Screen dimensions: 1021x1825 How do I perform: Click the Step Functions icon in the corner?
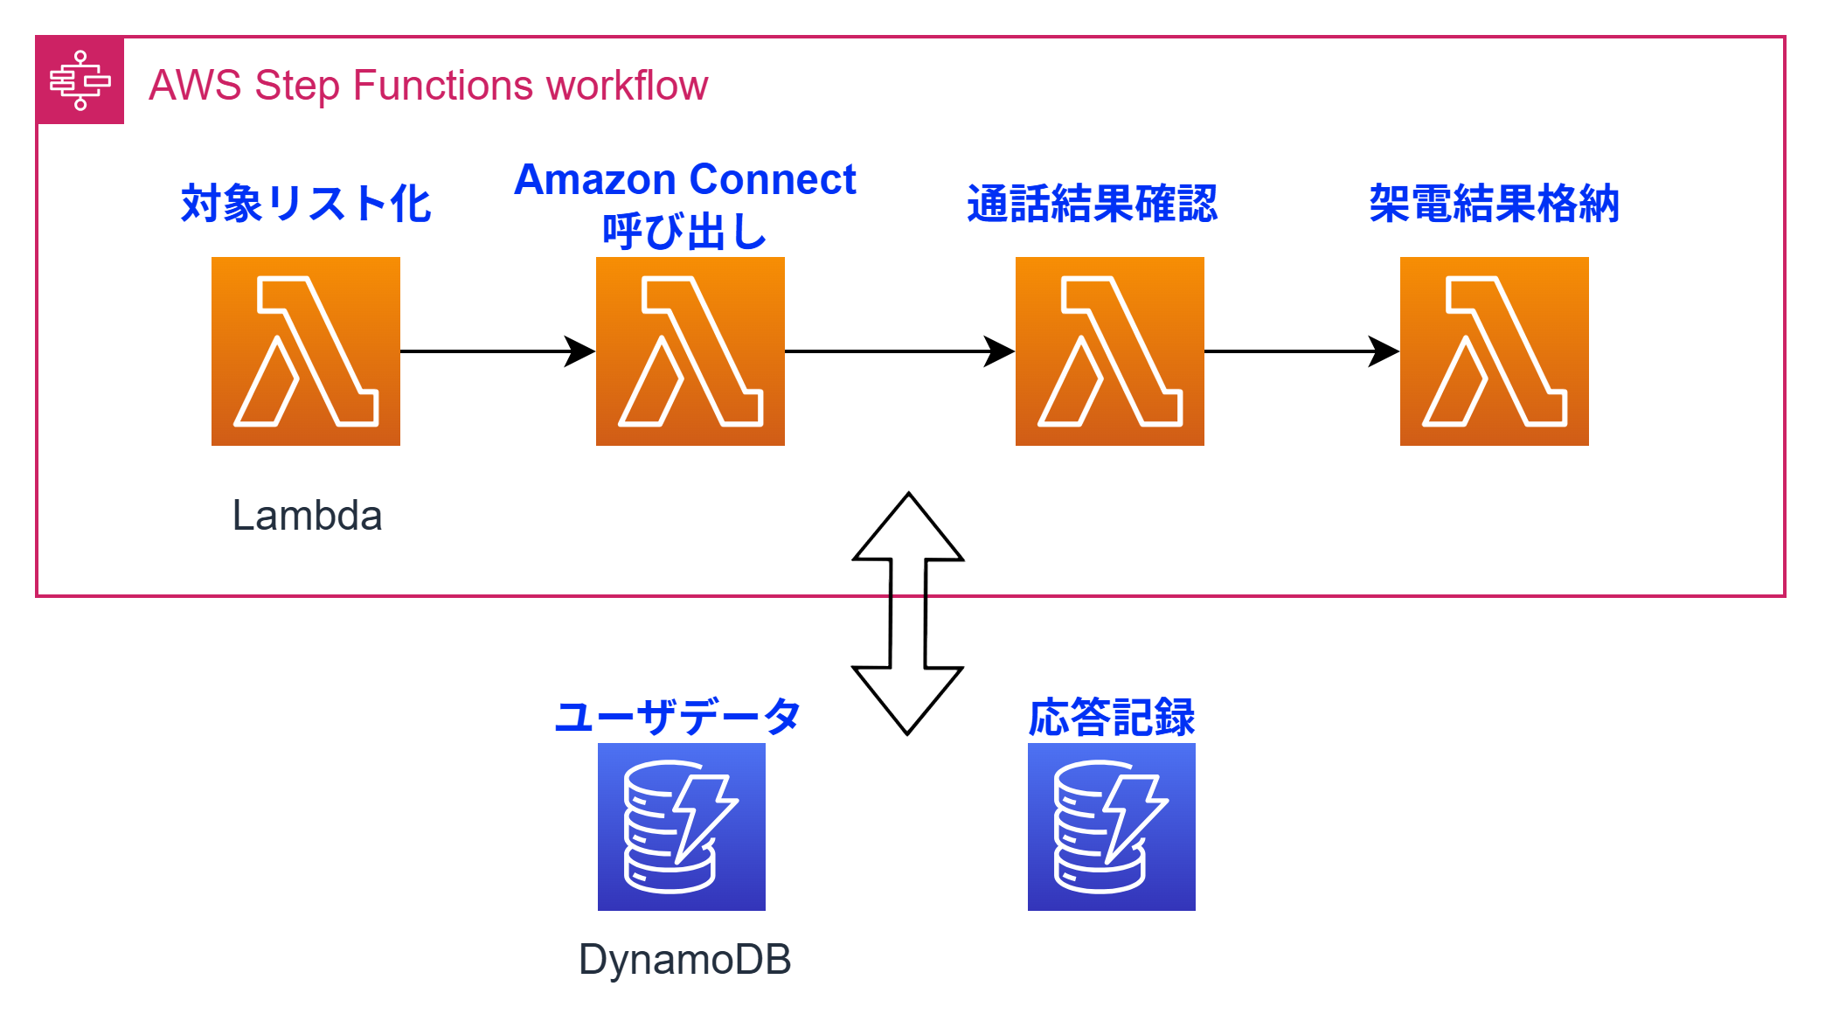80,80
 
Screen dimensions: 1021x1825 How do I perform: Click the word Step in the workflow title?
296,86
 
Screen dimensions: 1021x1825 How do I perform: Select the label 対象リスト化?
305,204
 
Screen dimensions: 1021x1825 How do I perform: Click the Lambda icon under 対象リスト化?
305,351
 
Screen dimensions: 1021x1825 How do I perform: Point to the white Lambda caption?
307,515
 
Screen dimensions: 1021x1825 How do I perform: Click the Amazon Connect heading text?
684,180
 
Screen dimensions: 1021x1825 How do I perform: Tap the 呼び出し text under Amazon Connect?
684,232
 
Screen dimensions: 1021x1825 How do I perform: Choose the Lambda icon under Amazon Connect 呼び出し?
690,351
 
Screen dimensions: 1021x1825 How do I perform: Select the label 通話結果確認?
1092,204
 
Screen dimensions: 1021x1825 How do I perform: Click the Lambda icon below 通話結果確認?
1109,351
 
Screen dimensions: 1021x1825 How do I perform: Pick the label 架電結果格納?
1494,204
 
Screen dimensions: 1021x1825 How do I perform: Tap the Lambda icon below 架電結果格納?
1494,351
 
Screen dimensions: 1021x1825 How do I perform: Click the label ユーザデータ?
677,717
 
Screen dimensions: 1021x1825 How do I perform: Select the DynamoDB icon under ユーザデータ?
681,826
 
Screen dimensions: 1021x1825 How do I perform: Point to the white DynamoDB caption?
684,959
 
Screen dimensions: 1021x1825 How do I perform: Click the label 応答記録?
1111,717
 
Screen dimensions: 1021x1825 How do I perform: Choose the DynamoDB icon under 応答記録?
1111,826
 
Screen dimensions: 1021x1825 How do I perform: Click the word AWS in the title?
195,86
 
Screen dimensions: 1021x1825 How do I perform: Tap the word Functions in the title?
442,86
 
